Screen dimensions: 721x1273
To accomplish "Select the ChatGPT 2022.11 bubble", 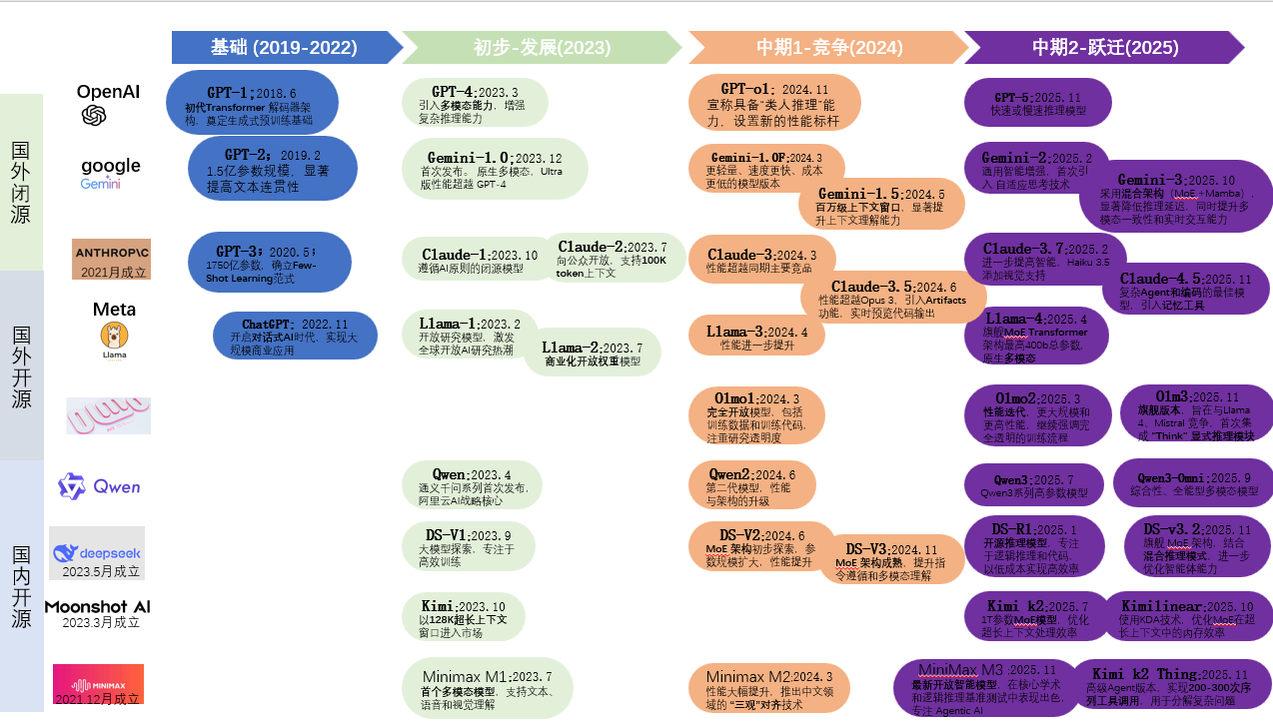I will point(296,337).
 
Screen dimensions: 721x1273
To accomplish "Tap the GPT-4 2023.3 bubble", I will point(476,104).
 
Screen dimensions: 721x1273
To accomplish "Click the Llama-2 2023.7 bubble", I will point(593,353).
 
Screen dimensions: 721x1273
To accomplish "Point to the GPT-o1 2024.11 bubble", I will point(774,103).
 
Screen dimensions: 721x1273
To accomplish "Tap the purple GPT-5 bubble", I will point(1037,103).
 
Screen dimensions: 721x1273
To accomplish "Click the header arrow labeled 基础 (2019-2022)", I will point(284,47).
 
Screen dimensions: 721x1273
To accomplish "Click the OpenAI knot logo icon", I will point(94,117).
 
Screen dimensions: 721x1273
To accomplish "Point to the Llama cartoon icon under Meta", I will point(114,337).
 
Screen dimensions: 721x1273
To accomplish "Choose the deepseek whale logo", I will point(66,552).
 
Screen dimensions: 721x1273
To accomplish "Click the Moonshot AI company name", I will point(97,606).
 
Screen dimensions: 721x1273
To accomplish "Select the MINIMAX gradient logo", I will point(98,684).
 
